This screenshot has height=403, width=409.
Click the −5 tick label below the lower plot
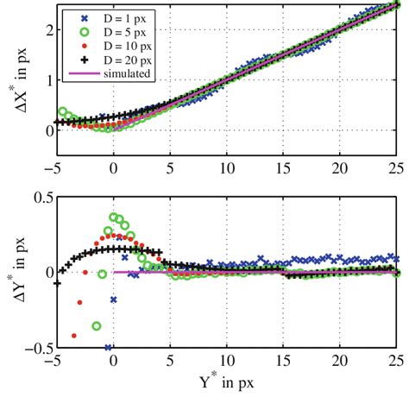54,361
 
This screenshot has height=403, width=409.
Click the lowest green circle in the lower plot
97,325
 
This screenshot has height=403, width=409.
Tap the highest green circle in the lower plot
113,217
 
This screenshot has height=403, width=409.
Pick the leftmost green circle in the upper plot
62,112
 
